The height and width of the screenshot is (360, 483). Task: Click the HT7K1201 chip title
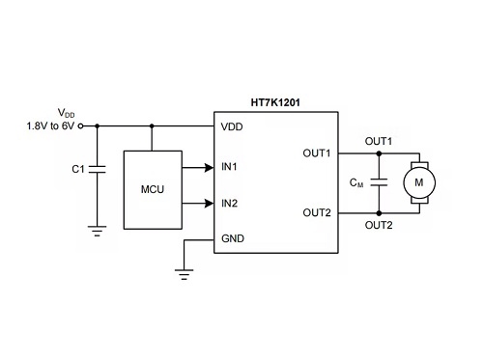[275, 102]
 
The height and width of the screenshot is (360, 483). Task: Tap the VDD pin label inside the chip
[232, 126]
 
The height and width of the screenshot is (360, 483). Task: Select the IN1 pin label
[229, 167]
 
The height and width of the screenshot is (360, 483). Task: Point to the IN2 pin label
[229, 204]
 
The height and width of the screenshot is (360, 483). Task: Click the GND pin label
[233, 238]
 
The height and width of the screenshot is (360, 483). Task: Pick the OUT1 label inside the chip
[317, 153]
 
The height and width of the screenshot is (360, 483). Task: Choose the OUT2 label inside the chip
[317, 212]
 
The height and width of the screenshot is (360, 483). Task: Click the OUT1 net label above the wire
[379, 141]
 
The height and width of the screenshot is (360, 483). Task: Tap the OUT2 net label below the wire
[379, 225]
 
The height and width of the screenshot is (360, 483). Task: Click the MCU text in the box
[153, 189]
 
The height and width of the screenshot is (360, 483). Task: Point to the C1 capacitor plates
[98, 169]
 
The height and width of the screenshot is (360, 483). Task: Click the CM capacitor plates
[379, 182]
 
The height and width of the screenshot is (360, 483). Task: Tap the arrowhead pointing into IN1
[209, 168]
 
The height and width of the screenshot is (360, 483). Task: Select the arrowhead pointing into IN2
[209, 204]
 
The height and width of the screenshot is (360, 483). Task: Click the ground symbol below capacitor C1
[98, 231]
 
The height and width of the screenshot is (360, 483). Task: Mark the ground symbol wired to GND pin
[185, 274]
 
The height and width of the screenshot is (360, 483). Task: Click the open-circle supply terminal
[81, 126]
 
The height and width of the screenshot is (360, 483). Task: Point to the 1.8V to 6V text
[50, 126]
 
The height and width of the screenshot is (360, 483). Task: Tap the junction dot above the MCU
[152, 126]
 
